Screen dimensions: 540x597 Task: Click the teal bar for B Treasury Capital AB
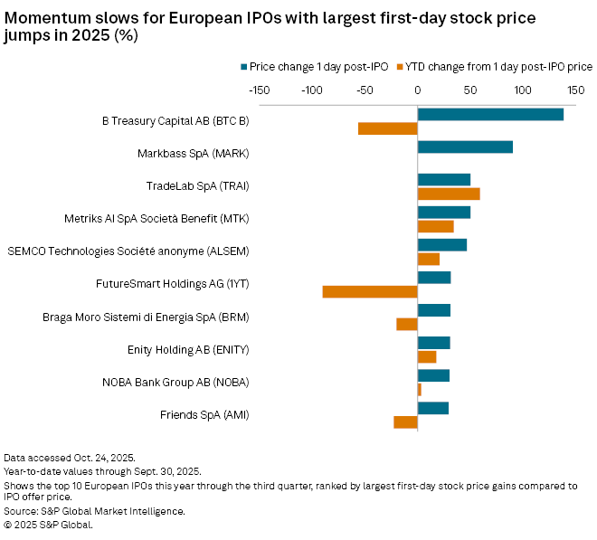(490, 114)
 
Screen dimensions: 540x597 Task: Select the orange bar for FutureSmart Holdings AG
(370, 291)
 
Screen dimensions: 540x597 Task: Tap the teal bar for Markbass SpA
(465, 147)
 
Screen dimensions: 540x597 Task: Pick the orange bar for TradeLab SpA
(449, 194)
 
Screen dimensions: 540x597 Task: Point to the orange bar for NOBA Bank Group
(420, 389)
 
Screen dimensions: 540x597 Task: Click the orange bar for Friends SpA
(405, 422)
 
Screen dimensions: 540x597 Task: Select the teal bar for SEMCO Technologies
(442, 244)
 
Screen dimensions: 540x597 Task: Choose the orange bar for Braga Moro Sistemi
(407, 324)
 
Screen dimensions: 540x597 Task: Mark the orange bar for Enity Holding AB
(427, 356)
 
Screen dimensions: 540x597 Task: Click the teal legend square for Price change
(244, 66)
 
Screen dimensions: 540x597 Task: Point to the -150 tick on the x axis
(259, 90)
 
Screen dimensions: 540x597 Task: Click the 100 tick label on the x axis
(523, 90)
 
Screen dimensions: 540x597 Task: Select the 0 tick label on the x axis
(418, 90)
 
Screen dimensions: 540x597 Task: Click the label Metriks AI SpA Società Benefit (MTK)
(156, 219)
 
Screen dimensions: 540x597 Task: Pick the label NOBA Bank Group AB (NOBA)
(175, 382)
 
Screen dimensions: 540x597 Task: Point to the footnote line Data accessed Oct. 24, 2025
(69, 459)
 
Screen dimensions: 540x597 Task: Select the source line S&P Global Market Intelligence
(94, 511)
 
